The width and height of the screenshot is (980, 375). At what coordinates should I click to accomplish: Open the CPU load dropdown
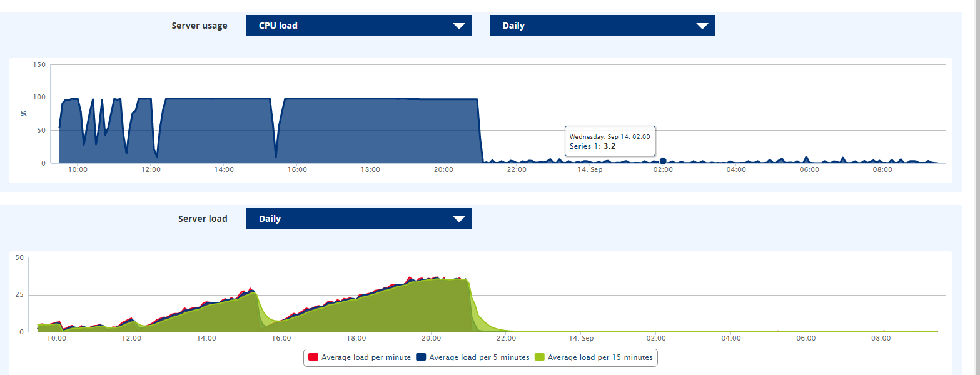pos(358,26)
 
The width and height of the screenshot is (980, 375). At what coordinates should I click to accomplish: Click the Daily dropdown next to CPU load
pos(602,26)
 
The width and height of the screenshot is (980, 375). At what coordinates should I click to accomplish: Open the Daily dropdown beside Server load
pos(358,219)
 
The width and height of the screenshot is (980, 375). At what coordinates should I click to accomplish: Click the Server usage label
pos(200,26)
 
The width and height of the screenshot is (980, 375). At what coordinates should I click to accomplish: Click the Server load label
pos(203,219)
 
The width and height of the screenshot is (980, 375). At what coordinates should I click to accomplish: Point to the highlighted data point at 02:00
pos(663,161)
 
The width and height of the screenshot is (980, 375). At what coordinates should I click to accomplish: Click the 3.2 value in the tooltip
pos(609,146)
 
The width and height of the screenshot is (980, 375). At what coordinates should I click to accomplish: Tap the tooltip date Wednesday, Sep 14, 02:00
pos(610,136)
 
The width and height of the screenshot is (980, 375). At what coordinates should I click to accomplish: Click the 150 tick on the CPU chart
pos(39,65)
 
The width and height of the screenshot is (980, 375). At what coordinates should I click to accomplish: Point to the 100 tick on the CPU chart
pos(39,97)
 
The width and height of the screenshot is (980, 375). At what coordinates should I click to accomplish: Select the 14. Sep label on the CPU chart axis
pos(590,169)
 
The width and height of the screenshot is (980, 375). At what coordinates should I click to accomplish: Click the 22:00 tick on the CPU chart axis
pos(517,169)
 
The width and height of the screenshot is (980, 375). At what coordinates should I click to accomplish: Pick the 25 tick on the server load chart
pos(19,295)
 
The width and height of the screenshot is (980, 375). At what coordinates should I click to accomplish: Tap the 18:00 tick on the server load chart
pos(356,338)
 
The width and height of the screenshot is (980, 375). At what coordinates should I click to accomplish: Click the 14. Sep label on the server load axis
pos(581,338)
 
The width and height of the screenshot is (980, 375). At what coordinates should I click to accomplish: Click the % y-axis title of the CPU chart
pos(24,113)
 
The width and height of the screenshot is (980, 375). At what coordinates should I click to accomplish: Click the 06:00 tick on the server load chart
pos(806,338)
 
